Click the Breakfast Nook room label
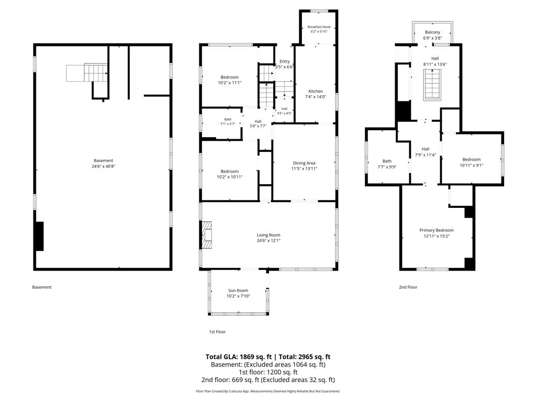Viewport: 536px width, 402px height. [319, 27]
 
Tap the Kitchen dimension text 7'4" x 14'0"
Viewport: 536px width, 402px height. [316, 97]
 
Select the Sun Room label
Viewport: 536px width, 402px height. [238, 290]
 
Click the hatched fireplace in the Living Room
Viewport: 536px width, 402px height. [207, 235]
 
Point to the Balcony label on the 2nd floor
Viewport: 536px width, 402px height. [432, 32]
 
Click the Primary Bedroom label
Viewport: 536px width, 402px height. [437, 230]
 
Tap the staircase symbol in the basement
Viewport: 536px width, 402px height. [87, 72]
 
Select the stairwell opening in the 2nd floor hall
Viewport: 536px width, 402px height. [432, 85]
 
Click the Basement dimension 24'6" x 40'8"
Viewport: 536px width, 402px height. [103, 166]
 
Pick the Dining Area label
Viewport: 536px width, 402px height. [304, 163]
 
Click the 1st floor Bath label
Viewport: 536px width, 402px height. [228, 119]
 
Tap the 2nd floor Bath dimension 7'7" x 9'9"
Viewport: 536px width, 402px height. [387, 167]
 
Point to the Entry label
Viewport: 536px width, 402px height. [284, 61]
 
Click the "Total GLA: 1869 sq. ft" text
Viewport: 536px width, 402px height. [239, 357]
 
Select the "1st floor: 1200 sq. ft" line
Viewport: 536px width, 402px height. [268, 372]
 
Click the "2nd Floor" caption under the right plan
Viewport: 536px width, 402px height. [408, 287]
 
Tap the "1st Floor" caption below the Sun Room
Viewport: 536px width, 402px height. [217, 331]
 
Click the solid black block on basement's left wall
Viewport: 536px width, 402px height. [39, 236]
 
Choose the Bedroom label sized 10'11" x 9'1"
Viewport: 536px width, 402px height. [472, 159]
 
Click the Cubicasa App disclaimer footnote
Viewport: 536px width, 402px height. [268, 391]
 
